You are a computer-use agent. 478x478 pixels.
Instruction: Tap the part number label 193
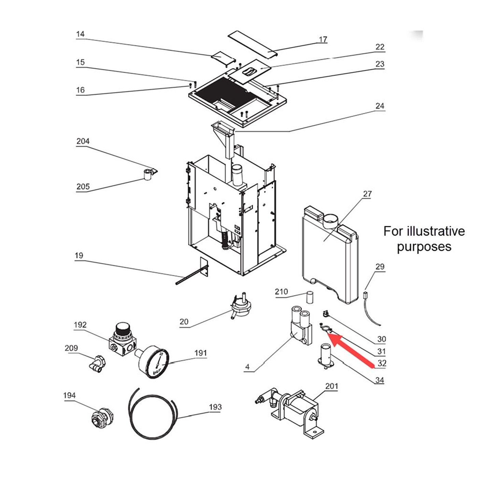(x=215, y=407)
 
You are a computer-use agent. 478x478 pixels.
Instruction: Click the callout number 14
(x=80, y=34)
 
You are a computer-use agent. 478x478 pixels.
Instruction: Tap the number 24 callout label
(x=380, y=106)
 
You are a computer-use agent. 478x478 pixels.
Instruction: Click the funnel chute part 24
(x=224, y=137)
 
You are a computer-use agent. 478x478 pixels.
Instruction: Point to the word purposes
(x=424, y=247)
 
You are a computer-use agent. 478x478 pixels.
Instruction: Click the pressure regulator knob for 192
(x=122, y=330)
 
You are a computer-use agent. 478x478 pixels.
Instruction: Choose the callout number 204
(x=83, y=141)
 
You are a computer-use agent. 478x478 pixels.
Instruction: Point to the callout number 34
(x=379, y=380)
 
